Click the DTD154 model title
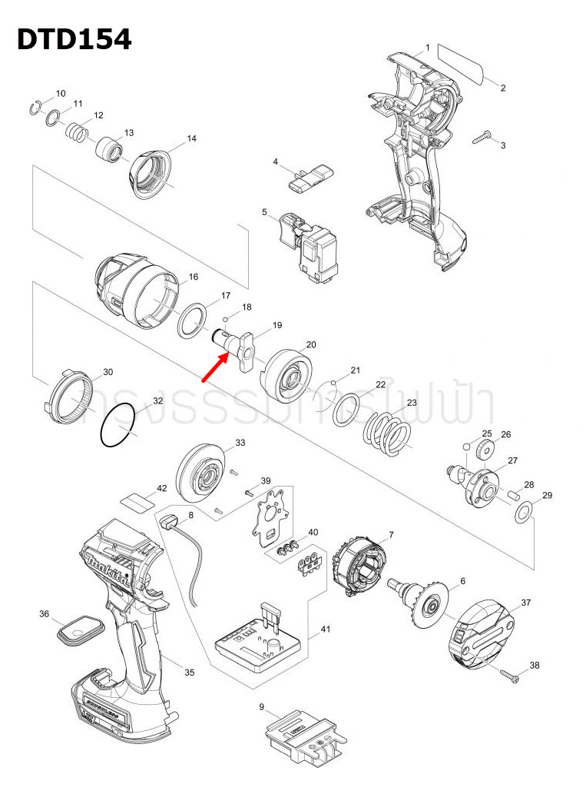pyautogui.click(x=74, y=38)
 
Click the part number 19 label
pyautogui.click(x=276, y=325)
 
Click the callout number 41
pyautogui.click(x=326, y=630)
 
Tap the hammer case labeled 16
pyautogui.click(x=138, y=291)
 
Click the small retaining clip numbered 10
pyautogui.click(x=35, y=107)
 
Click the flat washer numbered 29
pyautogui.click(x=523, y=513)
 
